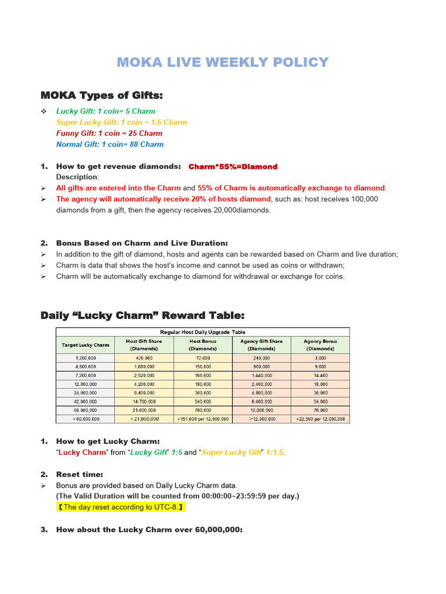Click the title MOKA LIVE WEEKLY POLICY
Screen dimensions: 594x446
(222, 62)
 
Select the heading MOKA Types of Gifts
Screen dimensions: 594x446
(102, 95)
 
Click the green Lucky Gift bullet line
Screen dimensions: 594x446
(105, 111)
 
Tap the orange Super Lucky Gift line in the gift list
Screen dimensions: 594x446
(121, 122)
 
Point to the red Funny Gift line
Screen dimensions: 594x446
(109, 133)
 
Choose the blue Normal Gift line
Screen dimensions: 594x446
(110, 144)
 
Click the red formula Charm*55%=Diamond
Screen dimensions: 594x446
(233, 166)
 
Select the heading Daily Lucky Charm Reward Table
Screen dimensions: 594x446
(142, 316)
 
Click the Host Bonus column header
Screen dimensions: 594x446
(203, 345)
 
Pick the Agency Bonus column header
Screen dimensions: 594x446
(320, 345)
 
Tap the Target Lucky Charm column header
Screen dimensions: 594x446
(85, 345)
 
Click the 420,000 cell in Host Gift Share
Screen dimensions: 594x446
(143, 358)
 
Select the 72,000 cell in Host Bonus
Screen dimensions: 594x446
(203, 358)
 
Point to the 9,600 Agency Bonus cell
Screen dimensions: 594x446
(320, 367)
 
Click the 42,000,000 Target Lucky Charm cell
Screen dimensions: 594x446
(85, 401)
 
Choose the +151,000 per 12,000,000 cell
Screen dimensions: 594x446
(203, 418)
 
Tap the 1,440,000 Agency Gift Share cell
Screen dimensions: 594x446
(261, 376)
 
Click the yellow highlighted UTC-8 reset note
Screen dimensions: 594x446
(121, 507)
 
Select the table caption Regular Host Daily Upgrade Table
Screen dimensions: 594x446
(203, 332)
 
